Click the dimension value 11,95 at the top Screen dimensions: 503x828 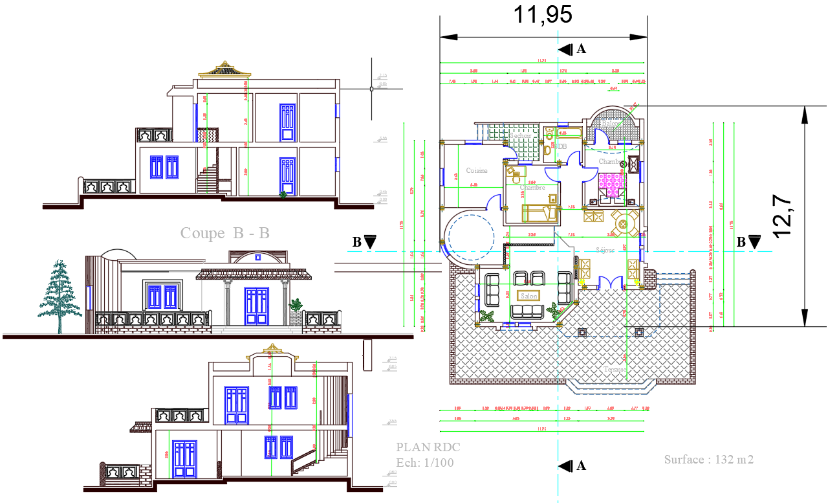coord(543,14)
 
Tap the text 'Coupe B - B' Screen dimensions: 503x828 coord(224,233)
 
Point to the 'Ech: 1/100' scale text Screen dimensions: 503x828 coord(425,462)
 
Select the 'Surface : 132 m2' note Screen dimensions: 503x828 coord(708,460)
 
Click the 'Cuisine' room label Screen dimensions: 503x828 coord(477,171)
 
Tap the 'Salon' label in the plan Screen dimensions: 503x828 coord(530,296)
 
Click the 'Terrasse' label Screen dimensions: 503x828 coord(615,370)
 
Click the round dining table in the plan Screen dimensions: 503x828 coord(624,224)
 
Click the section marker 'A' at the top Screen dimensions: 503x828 coord(574,49)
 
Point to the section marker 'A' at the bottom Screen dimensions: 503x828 coord(574,465)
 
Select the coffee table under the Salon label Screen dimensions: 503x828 coord(530,296)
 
